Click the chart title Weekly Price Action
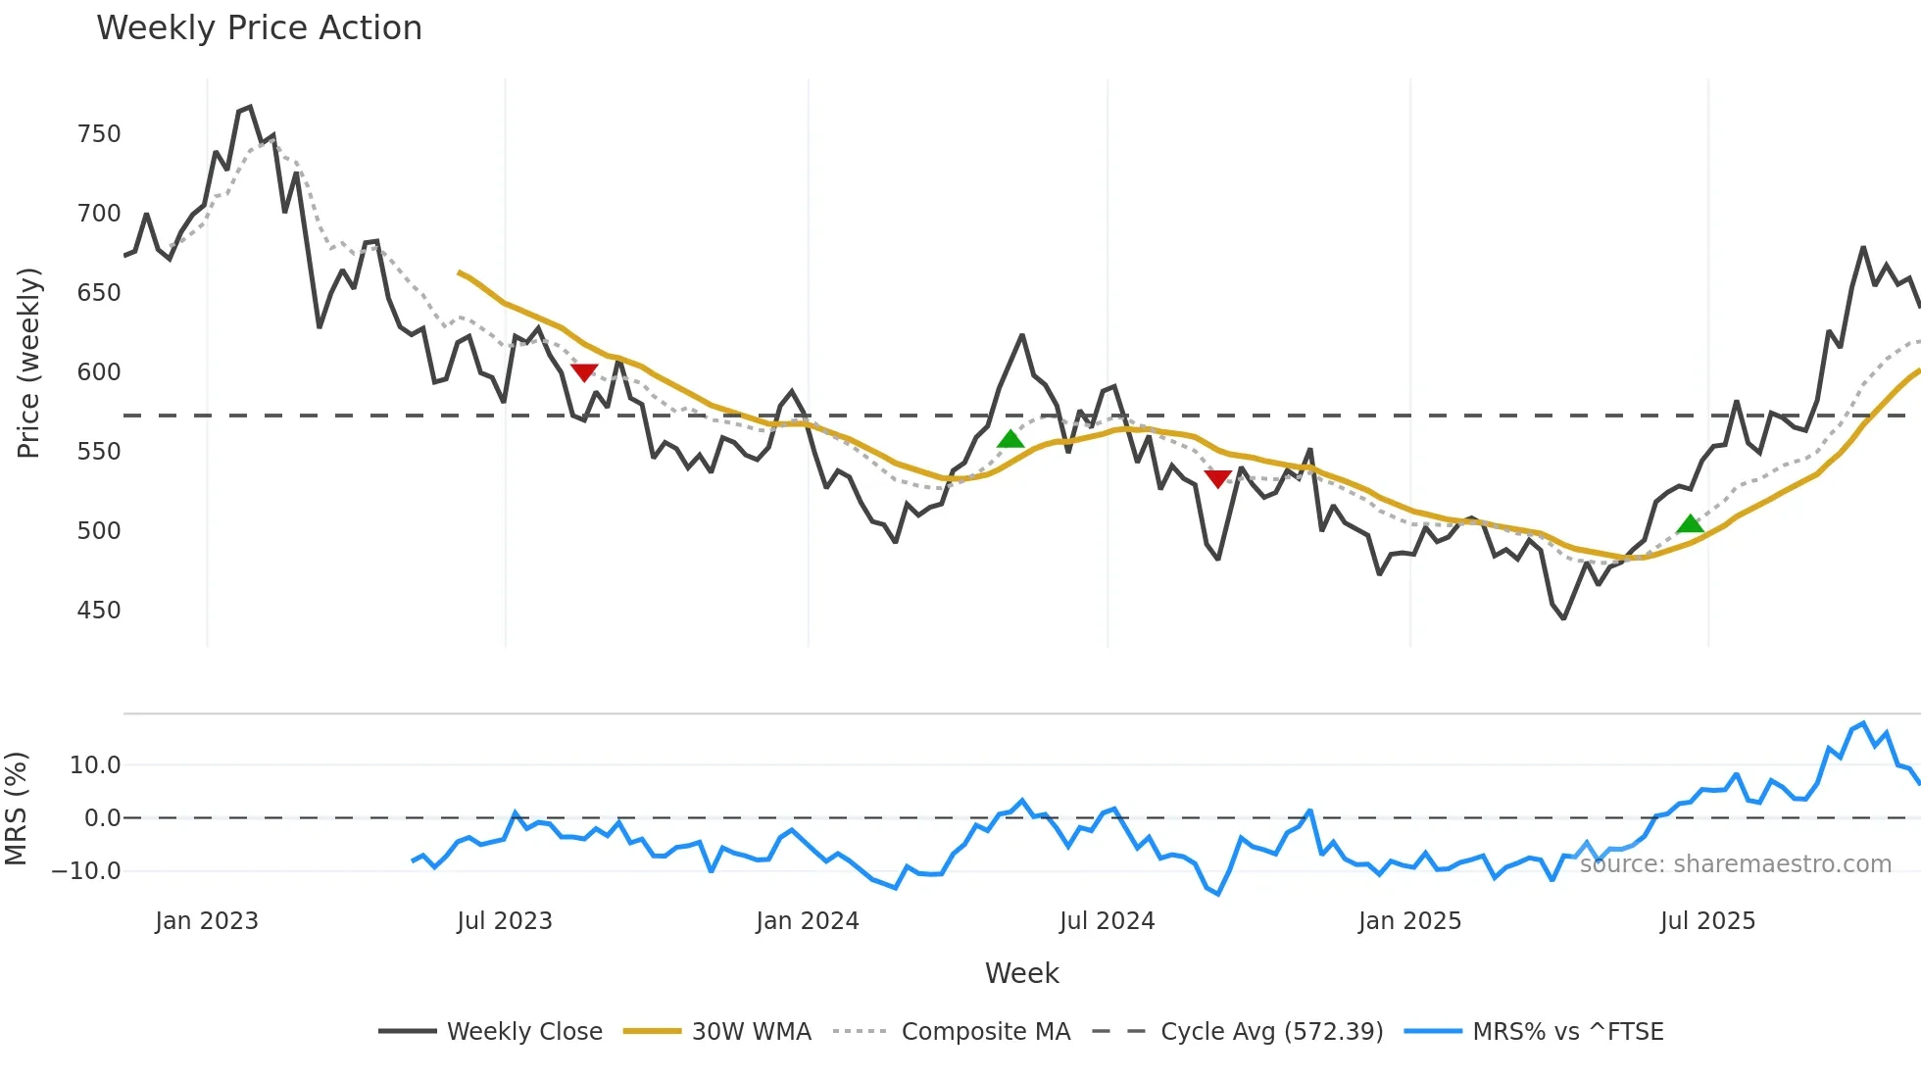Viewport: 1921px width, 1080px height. (x=259, y=28)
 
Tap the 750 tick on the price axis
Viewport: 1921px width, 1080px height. (x=99, y=134)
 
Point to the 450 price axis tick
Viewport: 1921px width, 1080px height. (x=99, y=611)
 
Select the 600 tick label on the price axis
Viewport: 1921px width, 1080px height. (x=99, y=372)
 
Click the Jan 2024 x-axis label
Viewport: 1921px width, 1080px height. (x=807, y=921)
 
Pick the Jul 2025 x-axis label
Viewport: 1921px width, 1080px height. (x=1707, y=921)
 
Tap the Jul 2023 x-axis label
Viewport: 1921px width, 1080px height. (x=505, y=921)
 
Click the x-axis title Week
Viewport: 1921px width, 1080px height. (x=1021, y=973)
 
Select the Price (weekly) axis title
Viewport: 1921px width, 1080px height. (x=29, y=363)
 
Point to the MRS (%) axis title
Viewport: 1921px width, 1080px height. (x=17, y=809)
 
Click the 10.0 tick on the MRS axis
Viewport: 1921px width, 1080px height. (x=95, y=765)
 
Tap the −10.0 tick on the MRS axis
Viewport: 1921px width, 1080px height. (x=86, y=871)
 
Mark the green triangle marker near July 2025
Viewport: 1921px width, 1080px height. (x=1690, y=524)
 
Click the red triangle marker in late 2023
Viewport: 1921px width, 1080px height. (x=584, y=372)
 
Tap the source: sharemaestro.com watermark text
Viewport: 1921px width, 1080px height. (x=1735, y=864)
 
